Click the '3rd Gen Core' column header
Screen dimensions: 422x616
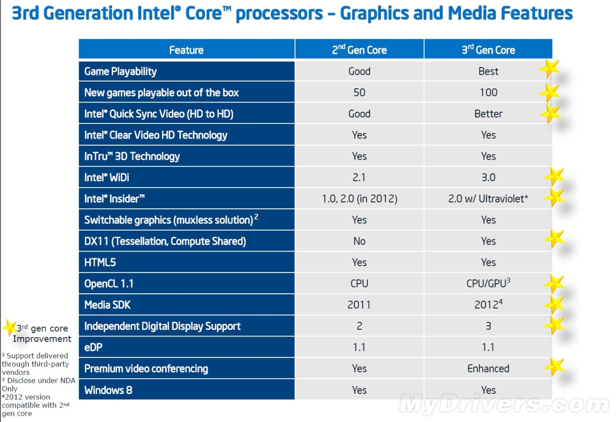[488, 50]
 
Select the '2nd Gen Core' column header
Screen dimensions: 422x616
[359, 50]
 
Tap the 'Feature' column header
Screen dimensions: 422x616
[186, 50]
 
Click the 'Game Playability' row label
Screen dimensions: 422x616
[120, 71]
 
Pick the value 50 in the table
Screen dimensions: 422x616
[359, 92]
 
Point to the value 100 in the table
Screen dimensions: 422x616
[488, 92]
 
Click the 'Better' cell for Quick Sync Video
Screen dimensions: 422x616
[488, 114]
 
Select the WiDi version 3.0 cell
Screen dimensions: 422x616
[488, 177]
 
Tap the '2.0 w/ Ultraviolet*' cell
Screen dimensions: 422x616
[488, 199]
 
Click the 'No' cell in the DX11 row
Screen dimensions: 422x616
[359, 241]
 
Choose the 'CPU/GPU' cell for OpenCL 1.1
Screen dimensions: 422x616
[488, 283]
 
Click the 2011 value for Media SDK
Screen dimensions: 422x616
[359, 305]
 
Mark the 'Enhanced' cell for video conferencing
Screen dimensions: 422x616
[488, 369]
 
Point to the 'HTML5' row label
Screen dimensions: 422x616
[100, 263]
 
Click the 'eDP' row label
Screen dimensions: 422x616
[93, 347]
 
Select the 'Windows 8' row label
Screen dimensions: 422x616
[108, 390]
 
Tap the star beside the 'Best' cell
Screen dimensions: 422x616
[549, 68]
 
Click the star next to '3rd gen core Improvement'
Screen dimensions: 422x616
[9, 328]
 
